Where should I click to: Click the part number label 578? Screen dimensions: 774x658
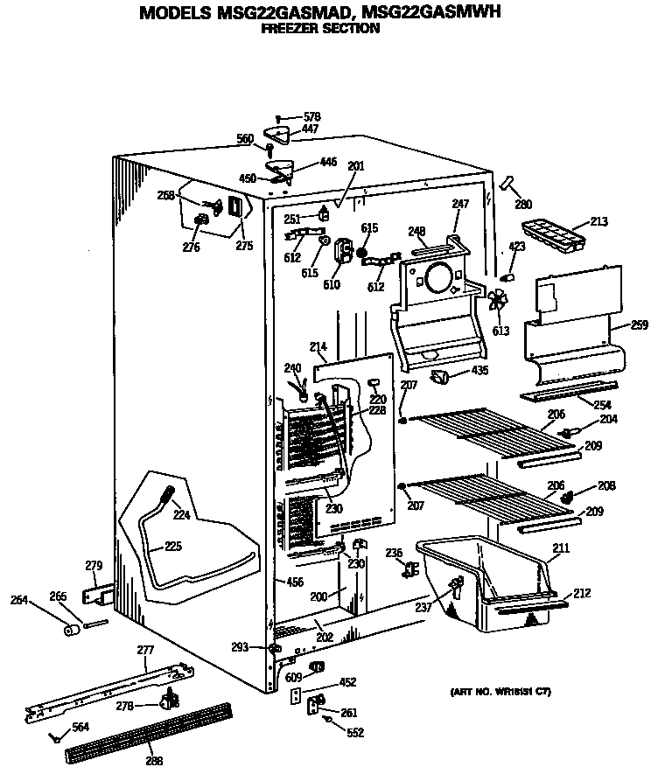(x=312, y=116)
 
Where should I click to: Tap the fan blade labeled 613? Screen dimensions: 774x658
(x=498, y=302)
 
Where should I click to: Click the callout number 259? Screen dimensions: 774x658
(x=639, y=326)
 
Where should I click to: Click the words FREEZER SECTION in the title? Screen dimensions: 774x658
(x=321, y=29)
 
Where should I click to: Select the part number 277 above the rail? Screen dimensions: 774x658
(x=145, y=651)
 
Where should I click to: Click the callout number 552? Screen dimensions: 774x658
(x=355, y=733)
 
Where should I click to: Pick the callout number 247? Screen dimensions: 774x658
(x=461, y=204)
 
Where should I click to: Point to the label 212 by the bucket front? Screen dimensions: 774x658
(x=582, y=594)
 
